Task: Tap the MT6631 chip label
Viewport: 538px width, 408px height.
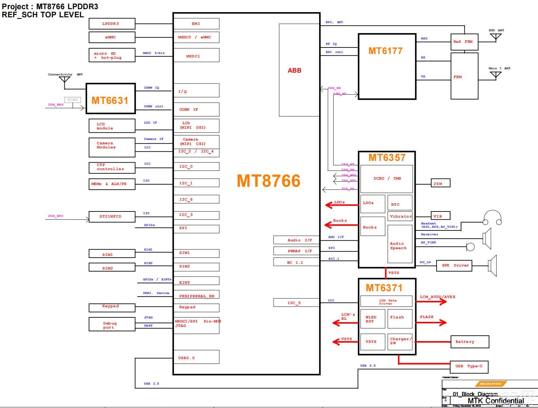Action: click(110, 100)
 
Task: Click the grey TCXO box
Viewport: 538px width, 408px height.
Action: click(73, 100)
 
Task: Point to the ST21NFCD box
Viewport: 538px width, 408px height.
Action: click(112, 217)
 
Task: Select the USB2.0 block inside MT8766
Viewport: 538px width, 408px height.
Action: click(196, 357)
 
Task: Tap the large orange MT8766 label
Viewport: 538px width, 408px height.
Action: click(268, 181)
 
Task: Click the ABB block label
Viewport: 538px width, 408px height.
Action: click(295, 71)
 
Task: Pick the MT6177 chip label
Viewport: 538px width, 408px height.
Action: click(385, 51)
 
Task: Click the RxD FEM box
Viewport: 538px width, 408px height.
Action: click(464, 42)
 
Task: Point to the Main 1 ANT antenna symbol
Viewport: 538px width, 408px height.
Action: click(496, 75)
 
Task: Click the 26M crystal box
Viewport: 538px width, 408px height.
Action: click(440, 184)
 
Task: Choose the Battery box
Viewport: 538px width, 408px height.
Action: click(470, 342)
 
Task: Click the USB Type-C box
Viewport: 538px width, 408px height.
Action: click(469, 367)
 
